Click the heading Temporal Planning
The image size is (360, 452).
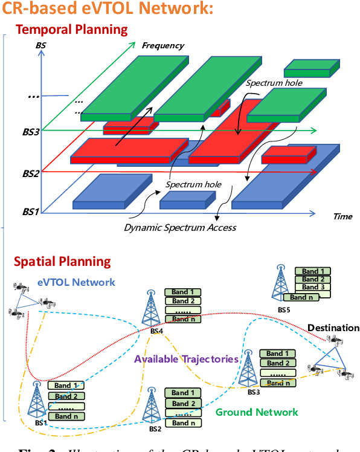tap(71, 30)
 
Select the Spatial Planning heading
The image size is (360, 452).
tap(62, 262)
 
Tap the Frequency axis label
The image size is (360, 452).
tap(162, 45)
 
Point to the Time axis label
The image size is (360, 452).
tap(342, 216)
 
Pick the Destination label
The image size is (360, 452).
tap(333, 328)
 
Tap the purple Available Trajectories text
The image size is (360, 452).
tap(186, 359)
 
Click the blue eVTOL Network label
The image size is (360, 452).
tap(76, 282)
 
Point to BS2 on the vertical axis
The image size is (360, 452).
tap(31, 173)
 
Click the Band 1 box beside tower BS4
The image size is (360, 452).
tap(183, 292)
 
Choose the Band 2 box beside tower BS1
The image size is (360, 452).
tap(66, 396)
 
